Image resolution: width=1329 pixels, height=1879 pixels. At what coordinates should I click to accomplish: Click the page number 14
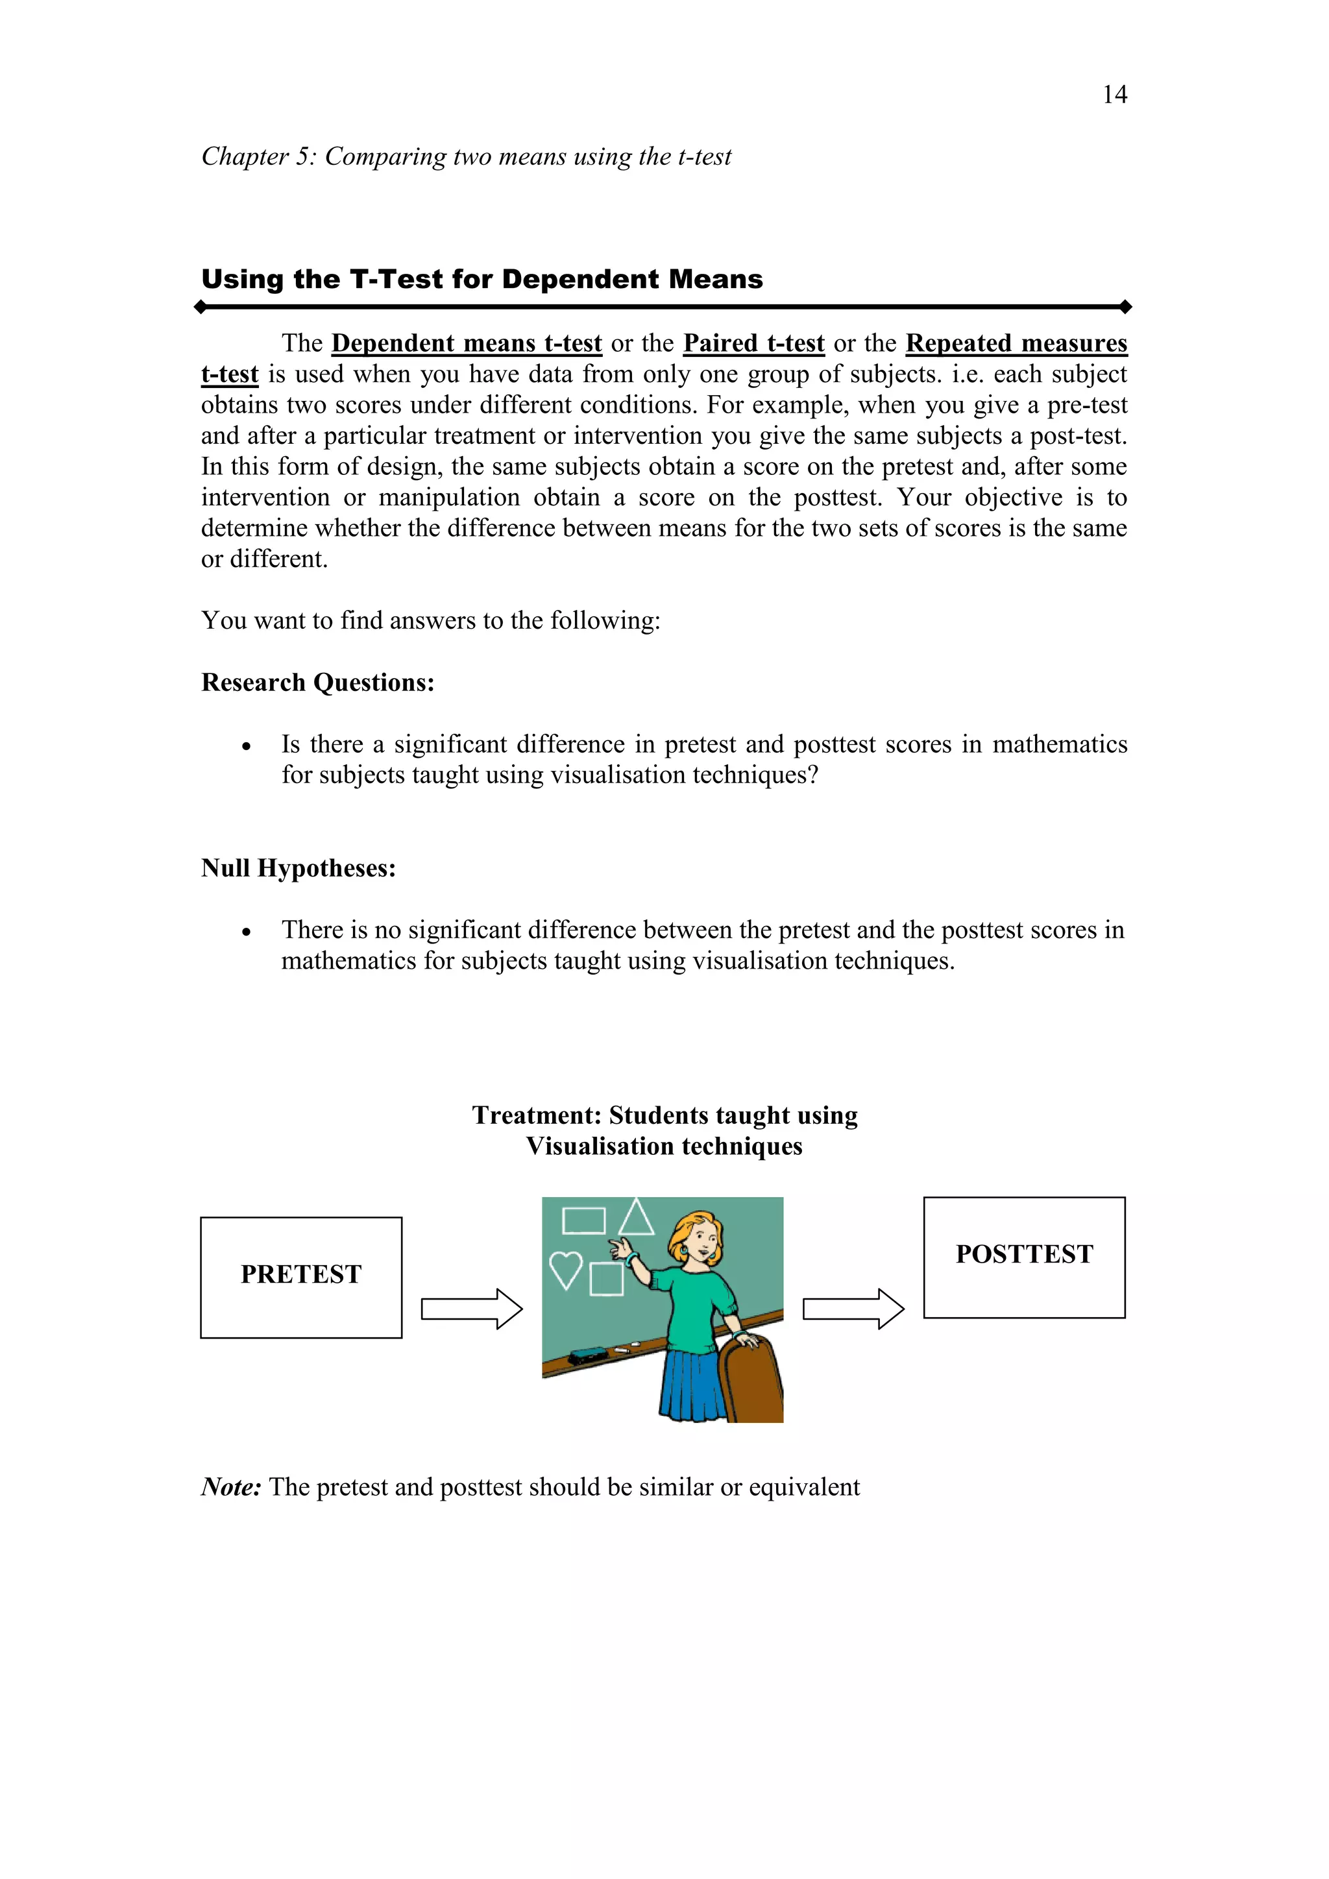[1115, 95]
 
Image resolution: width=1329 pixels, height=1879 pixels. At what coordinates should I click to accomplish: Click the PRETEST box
[301, 1278]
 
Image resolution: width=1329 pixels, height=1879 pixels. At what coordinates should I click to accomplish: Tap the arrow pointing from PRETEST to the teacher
[471, 1309]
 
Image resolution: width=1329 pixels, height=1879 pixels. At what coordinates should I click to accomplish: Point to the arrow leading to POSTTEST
[853, 1309]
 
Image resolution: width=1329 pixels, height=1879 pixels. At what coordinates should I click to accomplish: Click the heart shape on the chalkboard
[565, 1268]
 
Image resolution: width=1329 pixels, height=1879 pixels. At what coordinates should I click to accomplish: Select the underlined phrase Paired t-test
[753, 343]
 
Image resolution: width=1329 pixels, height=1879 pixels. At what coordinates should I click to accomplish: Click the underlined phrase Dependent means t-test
[467, 343]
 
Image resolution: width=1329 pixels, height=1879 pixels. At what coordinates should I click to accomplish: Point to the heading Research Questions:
[317, 683]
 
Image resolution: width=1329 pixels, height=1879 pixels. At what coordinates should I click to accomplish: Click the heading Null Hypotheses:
[299, 868]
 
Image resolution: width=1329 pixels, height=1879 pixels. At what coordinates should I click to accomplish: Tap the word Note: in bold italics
[231, 1487]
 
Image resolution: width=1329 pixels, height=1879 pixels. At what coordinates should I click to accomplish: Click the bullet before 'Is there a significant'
[245, 746]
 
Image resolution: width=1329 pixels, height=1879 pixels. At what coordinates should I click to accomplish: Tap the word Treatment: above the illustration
[536, 1115]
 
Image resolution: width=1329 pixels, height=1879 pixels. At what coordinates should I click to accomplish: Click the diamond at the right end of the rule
[1125, 307]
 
